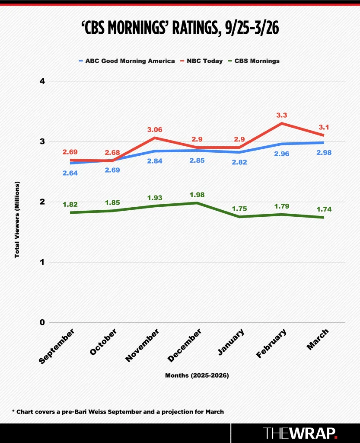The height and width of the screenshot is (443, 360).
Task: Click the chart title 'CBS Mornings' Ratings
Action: (x=180, y=29)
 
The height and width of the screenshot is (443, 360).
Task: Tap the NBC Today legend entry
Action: (x=205, y=61)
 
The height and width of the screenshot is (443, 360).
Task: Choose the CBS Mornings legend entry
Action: (x=257, y=61)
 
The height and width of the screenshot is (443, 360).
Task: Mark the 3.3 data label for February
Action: (x=282, y=115)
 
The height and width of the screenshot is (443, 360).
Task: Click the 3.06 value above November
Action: (x=155, y=129)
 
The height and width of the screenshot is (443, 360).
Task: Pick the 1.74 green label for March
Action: (x=324, y=209)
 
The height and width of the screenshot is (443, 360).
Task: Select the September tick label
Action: (x=57, y=347)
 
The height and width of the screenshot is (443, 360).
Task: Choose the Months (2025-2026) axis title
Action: (x=197, y=376)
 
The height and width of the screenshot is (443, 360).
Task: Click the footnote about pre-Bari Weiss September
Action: (x=118, y=412)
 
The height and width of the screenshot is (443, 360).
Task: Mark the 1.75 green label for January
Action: (x=239, y=208)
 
